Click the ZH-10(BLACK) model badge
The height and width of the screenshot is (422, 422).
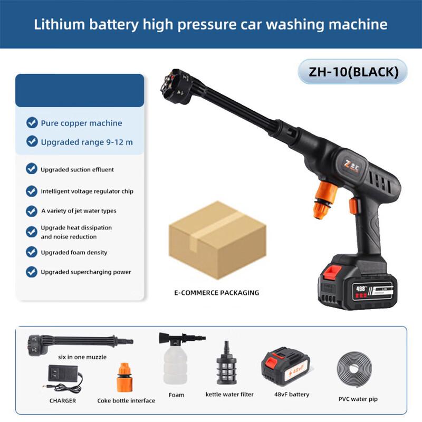[353, 72]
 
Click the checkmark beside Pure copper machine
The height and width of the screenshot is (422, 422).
[32, 123]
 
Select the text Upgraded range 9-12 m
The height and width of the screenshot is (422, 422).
[83, 142]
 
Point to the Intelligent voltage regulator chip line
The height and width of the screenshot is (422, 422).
[87, 191]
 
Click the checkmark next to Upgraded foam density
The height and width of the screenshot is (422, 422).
[32, 252]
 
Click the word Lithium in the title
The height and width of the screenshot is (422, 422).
[55, 24]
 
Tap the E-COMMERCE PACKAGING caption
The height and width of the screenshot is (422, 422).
[217, 293]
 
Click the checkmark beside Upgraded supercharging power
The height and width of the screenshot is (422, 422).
[32, 272]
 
